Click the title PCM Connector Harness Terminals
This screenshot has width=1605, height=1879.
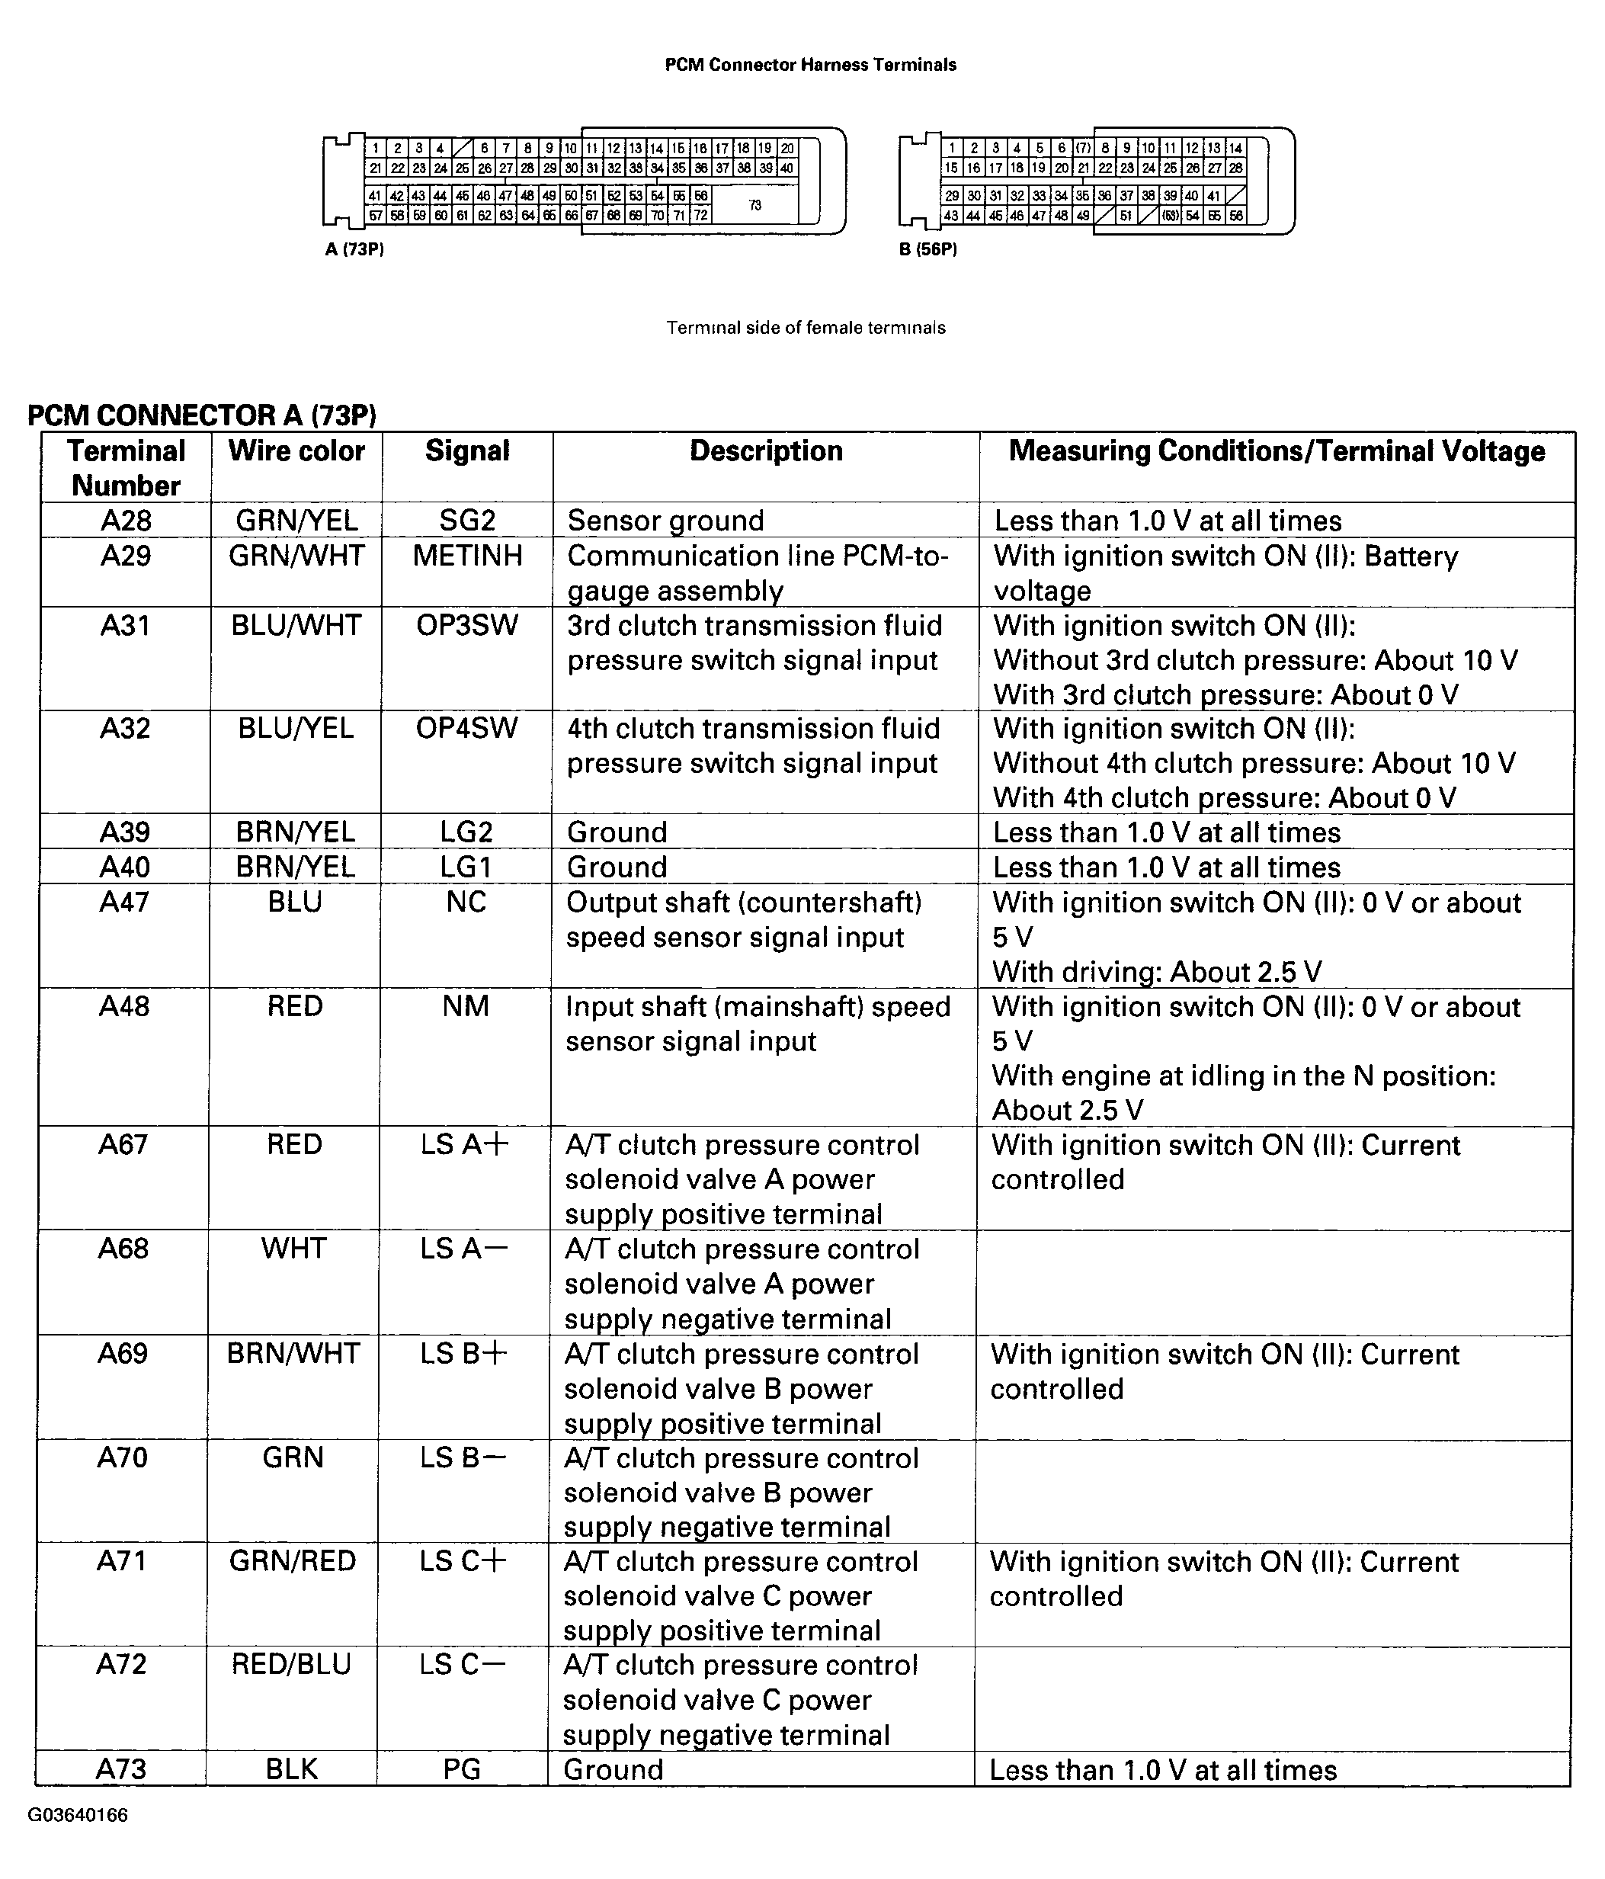click(x=810, y=64)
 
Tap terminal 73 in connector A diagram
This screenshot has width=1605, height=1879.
click(x=754, y=205)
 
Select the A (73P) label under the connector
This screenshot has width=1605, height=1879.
click(x=354, y=249)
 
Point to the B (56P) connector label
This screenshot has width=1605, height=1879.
click(x=927, y=249)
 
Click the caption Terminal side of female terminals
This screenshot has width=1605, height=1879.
click(x=806, y=327)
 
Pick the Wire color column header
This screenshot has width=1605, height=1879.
click(x=296, y=451)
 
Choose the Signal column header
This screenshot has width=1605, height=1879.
click(x=467, y=451)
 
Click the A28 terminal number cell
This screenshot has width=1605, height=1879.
click(x=126, y=521)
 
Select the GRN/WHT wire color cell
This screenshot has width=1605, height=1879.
click(x=296, y=555)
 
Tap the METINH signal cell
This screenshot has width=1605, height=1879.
click(x=467, y=555)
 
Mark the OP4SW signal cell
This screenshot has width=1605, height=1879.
click(x=467, y=728)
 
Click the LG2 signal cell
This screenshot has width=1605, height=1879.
click(x=466, y=832)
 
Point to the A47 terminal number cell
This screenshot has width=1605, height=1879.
click(x=125, y=903)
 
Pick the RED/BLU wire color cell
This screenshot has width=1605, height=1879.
click(x=292, y=1664)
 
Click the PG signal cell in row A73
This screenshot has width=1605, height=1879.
click(x=463, y=1769)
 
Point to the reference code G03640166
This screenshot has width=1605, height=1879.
click(x=78, y=1815)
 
